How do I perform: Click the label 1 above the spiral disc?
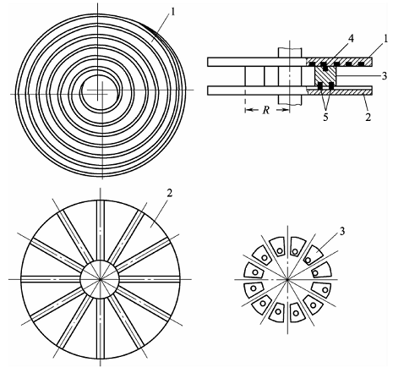[x=173, y=13]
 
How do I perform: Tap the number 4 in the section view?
[x=351, y=39]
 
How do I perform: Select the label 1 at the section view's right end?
[x=377, y=39]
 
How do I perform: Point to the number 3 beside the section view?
[x=385, y=76]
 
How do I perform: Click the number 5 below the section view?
[x=325, y=118]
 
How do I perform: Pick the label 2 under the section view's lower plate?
[x=368, y=118]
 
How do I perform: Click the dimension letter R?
[x=265, y=110]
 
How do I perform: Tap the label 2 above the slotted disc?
[x=169, y=194]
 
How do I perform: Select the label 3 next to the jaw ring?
[x=341, y=232]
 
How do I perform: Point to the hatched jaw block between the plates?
[x=325, y=76]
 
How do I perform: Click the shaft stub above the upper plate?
[x=290, y=52]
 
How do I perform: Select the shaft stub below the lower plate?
[x=290, y=100]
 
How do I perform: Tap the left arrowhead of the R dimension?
[x=248, y=110]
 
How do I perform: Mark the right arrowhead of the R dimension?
[x=287, y=110]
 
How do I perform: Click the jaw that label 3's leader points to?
[x=314, y=255]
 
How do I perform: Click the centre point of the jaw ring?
[x=287, y=279]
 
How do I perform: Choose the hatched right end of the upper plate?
[x=340, y=62]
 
